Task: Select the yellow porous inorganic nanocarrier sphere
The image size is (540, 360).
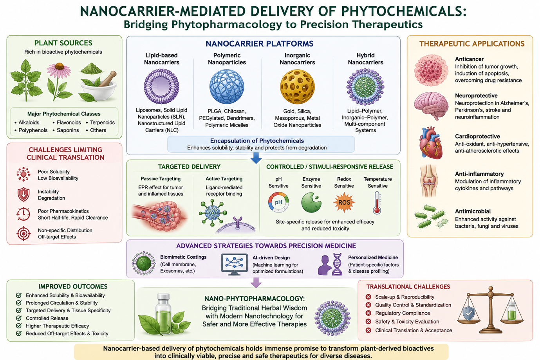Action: (297, 87)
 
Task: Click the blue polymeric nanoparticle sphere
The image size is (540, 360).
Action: (227, 87)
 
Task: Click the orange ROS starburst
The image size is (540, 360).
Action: (344, 202)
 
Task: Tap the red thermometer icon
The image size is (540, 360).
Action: (377, 203)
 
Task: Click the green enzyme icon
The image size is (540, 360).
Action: (311, 203)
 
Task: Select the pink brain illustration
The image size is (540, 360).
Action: (431, 106)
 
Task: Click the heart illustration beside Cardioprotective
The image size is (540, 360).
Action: (431, 143)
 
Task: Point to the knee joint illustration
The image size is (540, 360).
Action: (429, 181)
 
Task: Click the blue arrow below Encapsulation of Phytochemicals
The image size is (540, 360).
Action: (256, 158)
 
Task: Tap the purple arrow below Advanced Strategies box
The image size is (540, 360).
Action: (256, 283)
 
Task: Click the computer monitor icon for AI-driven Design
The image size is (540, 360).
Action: (234, 264)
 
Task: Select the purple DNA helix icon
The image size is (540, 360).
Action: (337, 264)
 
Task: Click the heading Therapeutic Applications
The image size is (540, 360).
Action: (472, 43)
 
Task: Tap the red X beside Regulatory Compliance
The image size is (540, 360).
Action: (368, 313)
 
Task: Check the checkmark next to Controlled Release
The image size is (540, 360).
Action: (18, 318)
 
